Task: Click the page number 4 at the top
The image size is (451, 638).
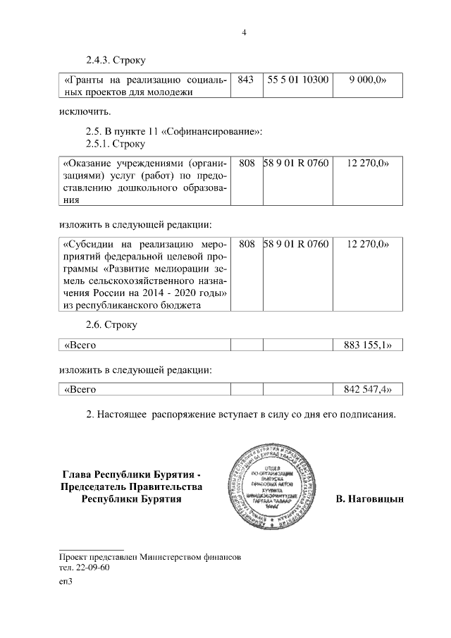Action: (243, 32)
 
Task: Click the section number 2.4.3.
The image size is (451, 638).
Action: (99, 61)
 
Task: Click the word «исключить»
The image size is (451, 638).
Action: (85, 111)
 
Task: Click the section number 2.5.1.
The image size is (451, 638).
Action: (99, 145)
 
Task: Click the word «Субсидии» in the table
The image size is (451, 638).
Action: (89, 245)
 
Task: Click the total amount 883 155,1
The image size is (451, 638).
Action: (366, 345)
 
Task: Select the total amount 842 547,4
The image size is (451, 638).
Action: (366, 389)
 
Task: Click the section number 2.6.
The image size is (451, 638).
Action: (94, 326)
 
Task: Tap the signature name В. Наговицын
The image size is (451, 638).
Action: (370, 499)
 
